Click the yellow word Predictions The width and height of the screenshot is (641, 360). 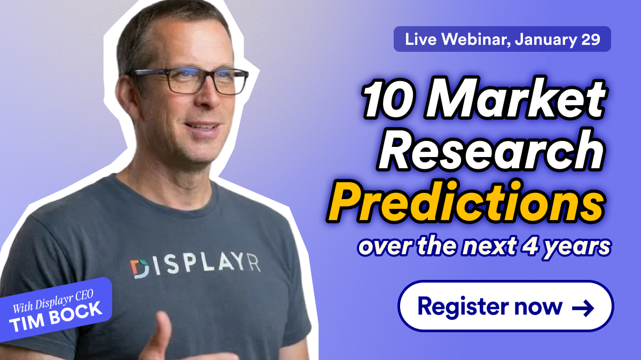click(466, 202)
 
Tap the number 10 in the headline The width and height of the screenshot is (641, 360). click(389, 99)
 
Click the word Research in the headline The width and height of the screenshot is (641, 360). click(491, 150)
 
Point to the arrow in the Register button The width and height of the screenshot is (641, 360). click(583, 308)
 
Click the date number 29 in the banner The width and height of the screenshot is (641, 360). click(591, 39)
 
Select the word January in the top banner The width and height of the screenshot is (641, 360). click(546, 40)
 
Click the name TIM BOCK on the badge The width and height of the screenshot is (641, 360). click(56, 317)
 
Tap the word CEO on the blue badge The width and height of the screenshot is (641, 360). click(85, 296)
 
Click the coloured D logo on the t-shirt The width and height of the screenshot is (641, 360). click(139, 269)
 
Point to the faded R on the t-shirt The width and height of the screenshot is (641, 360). click(254, 264)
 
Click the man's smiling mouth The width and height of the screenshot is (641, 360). click(201, 127)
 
